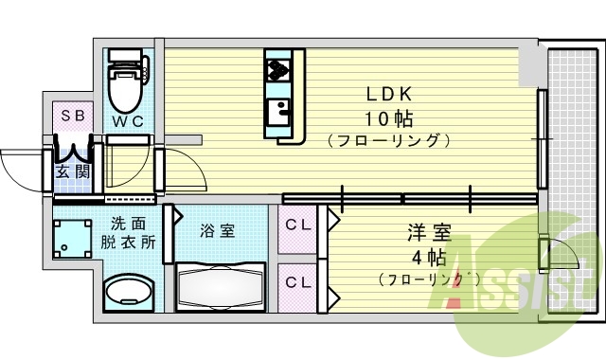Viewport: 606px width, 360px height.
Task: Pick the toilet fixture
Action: tap(123, 82)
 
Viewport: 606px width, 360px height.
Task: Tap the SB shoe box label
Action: tap(72, 116)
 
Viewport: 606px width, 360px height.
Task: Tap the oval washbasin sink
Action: tap(126, 293)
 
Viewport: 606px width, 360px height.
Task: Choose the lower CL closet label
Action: tap(300, 282)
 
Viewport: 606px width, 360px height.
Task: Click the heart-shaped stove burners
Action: tap(278, 67)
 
